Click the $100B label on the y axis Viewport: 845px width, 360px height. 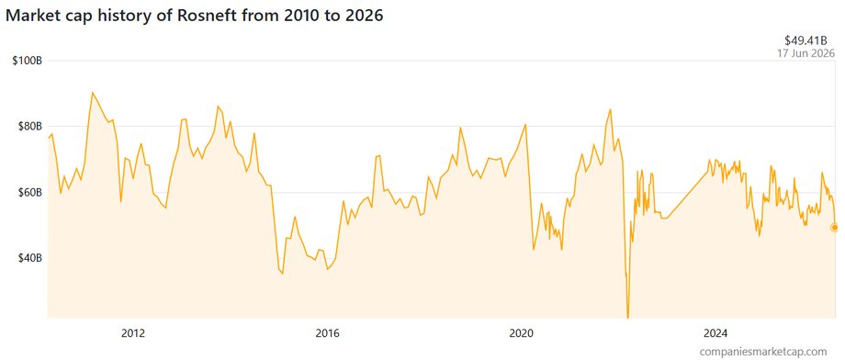(27, 61)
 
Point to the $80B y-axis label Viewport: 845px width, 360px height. (29, 126)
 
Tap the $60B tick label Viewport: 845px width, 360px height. (29, 192)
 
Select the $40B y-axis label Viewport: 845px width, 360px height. (29, 258)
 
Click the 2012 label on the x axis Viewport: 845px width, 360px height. (133, 332)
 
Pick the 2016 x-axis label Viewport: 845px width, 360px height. (327, 332)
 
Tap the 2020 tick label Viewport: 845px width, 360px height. (521, 332)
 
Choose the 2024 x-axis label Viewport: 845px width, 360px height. (715, 332)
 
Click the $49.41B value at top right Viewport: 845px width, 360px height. (809, 41)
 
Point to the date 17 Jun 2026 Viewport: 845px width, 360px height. (806, 53)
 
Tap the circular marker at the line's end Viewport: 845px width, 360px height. (834, 228)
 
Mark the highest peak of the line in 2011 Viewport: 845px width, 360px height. (92, 92)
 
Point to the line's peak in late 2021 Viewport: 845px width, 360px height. (610, 109)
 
